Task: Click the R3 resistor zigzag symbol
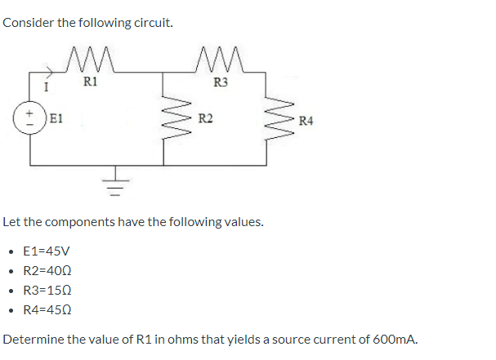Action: [220, 60]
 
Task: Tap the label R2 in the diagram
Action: [206, 119]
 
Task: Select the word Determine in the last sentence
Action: [33, 339]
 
